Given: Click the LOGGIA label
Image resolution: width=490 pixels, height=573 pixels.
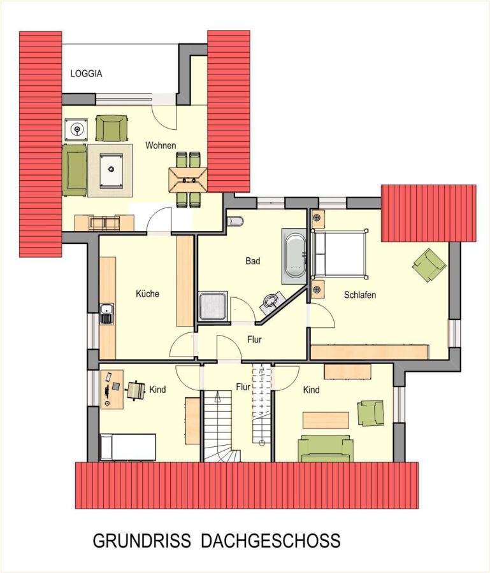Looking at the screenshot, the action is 86,73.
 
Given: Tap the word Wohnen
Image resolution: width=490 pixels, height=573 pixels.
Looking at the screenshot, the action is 161,145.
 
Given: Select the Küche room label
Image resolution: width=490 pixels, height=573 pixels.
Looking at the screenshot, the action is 147,294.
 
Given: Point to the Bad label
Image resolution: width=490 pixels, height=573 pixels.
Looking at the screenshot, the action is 253,261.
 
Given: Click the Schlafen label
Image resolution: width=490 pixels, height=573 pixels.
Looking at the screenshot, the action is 360,295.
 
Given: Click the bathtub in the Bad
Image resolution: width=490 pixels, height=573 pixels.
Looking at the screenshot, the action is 295,256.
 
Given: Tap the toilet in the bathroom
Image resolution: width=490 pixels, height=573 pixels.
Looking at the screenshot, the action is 234,221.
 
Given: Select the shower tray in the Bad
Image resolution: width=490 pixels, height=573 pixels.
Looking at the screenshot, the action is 213,306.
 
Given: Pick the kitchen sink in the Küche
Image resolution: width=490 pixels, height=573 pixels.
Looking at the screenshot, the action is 107,314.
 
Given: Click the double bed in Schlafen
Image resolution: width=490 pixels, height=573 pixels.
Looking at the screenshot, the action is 340,254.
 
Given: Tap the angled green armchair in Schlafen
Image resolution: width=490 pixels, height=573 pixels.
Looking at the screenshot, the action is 429,265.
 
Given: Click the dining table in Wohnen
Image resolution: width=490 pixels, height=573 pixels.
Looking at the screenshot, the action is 187,180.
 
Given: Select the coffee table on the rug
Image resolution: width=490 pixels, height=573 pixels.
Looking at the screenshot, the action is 110,171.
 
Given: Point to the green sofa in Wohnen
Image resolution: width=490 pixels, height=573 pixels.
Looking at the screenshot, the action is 74,170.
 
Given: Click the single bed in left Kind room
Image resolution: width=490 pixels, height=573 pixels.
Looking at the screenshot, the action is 127,448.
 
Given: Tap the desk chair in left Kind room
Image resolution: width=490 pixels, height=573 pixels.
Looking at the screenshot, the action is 136,390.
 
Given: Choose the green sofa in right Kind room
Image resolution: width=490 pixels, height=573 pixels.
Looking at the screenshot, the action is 326,448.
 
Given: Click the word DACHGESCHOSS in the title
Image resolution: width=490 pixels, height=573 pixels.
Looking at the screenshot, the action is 271,541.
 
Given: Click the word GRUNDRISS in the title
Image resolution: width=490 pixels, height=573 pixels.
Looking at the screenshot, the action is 142,541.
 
